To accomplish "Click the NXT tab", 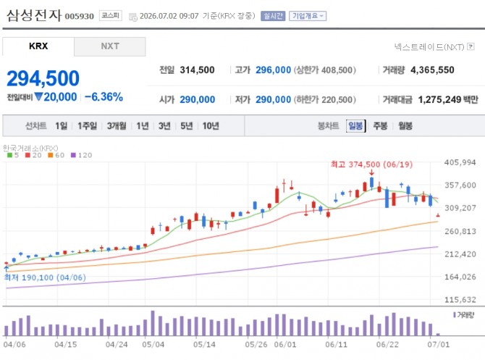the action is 110,46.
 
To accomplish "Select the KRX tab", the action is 38,46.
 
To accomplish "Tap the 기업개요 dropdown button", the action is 308,16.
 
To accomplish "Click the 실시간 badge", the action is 273,16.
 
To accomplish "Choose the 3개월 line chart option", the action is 117,126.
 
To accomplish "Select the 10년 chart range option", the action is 211,126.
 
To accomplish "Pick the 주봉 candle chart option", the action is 380,126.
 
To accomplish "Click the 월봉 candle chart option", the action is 405,126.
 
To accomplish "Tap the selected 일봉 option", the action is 355,126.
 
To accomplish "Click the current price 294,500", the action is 43,78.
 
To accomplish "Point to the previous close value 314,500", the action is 197,70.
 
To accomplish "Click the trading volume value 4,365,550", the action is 432,70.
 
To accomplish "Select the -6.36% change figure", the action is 104,97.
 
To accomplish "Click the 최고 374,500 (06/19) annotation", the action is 371,164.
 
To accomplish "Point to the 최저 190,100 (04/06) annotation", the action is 45,277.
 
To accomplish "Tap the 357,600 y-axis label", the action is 460,185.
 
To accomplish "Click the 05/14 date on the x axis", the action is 204,345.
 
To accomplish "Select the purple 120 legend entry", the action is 81,155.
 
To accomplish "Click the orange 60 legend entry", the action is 56,155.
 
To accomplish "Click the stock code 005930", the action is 79,16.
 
